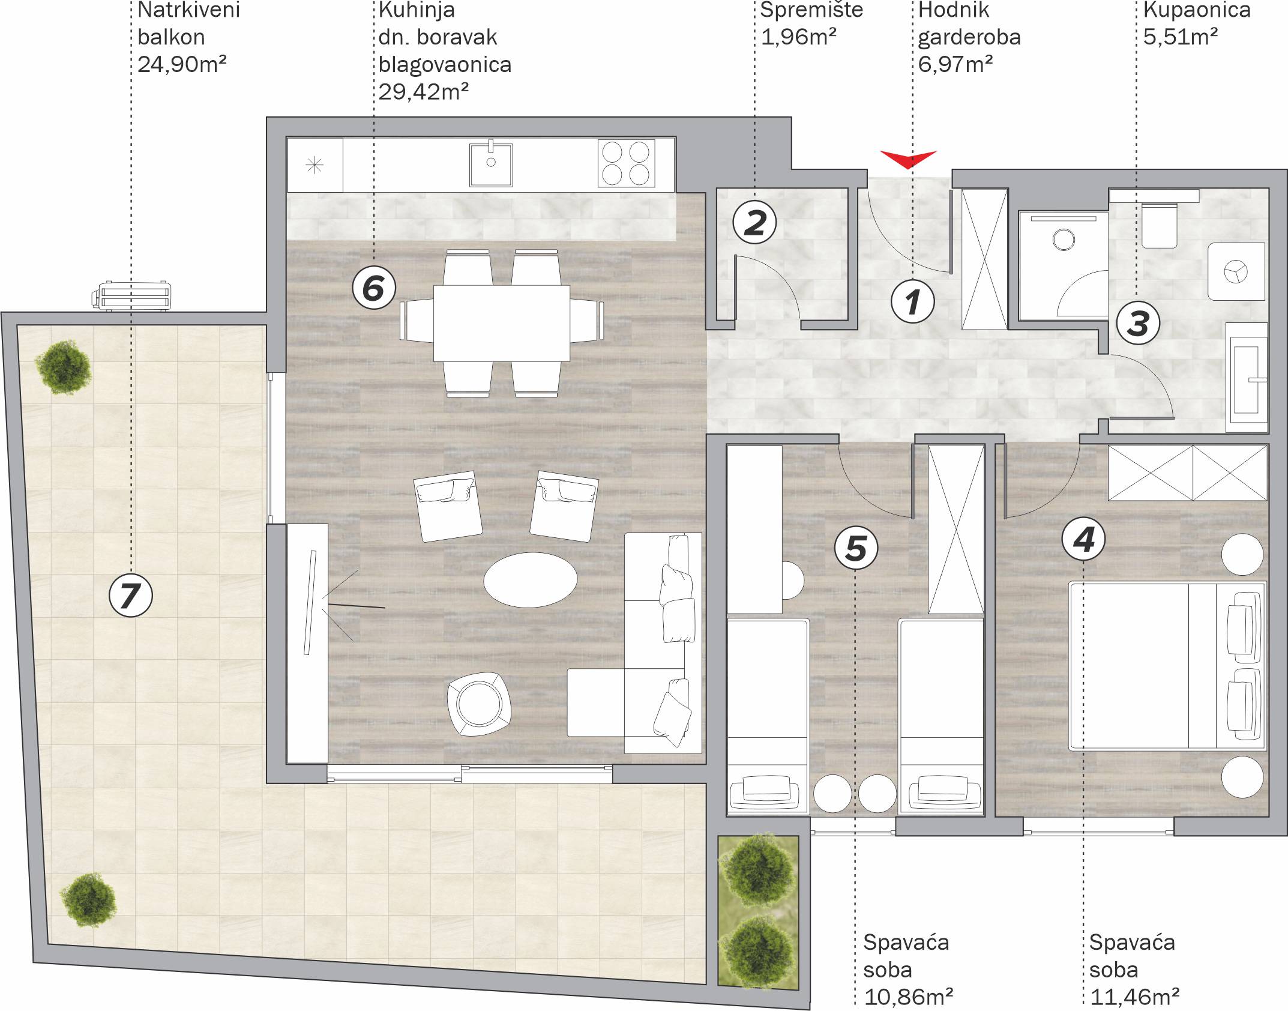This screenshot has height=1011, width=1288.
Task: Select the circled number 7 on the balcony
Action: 131,596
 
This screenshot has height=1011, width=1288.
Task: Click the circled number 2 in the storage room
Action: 754,222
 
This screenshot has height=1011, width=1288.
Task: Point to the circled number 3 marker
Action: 1138,323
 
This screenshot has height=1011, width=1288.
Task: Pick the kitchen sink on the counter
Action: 491,163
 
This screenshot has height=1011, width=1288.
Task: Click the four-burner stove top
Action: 626,163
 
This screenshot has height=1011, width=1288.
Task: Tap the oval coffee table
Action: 531,579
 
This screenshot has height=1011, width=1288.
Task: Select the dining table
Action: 502,323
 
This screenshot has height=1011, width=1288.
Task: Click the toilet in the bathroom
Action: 1160,225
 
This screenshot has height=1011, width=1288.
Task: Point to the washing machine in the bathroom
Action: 1236,271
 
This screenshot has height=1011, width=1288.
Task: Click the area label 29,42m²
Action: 424,91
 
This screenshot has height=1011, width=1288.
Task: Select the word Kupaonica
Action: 1197,10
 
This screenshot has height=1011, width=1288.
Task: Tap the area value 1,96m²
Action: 799,37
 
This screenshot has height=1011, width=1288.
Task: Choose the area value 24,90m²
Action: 182,64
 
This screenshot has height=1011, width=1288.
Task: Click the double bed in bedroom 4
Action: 1167,666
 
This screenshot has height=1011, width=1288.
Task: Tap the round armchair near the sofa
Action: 479,704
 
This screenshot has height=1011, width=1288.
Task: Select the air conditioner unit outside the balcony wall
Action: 131,296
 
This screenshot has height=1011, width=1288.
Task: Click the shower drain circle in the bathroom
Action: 1064,240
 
